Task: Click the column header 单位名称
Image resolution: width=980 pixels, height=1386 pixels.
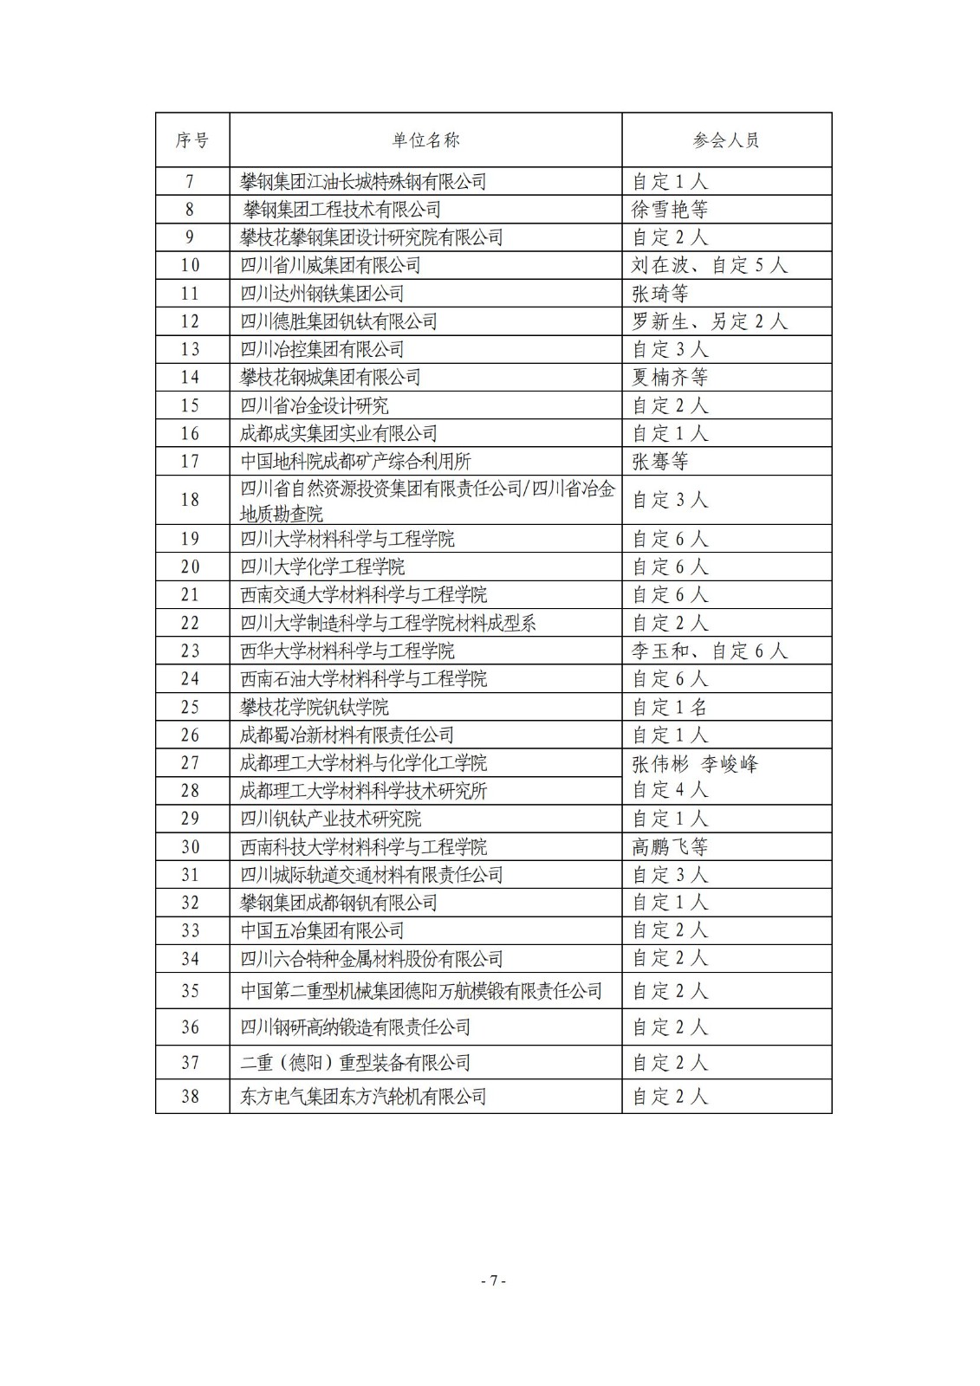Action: (x=425, y=140)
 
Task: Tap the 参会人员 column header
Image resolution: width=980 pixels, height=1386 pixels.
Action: (x=726, y=140)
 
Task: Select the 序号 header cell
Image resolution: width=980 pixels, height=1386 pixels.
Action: (x=191, y=140)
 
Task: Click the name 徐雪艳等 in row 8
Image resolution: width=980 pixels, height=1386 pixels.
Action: (x=670, y=210)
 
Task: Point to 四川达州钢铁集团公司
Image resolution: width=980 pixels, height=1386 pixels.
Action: (x=321, y=294)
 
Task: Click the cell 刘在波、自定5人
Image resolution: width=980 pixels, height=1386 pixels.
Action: (x=709, y=265)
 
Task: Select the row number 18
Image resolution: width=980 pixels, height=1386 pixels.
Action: (x=191, y=500)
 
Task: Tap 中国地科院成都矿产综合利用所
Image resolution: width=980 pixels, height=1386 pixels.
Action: (x=355, y=462)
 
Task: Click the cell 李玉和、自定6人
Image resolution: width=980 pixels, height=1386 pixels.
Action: (x=709, y=651)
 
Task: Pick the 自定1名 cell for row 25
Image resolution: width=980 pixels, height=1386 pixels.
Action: (x=670, y=707)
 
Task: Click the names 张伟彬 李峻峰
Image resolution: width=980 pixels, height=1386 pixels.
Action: (x=695, y=764)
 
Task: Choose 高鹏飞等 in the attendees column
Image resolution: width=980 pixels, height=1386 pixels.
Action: (x=670, y=847)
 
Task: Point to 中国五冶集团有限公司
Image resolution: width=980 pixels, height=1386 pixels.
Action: (x=321, y=931)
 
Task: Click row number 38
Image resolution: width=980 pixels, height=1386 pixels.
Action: (x=191, y=1097)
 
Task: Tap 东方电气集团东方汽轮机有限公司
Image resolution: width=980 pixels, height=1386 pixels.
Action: (x=363, y=1097)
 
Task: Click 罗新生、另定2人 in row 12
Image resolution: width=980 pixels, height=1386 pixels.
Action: (x=709, y=321)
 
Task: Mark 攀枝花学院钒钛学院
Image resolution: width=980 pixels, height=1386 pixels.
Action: (x=314, y=707)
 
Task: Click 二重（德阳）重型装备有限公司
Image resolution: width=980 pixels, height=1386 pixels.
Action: (x=355, y=1062)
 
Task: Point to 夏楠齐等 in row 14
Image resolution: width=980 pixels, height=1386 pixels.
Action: (x=670, y=378)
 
